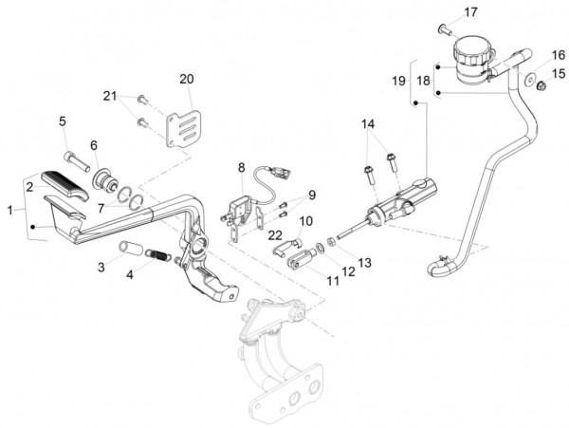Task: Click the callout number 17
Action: tap(470, 12)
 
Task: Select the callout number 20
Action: tap(187, 79)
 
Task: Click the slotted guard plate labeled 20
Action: tap(184, 129)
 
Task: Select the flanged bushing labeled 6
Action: tap(104, 179)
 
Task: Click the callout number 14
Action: tap(368, 123)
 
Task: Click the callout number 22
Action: tap(275, 235)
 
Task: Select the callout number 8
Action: tap(241, 168)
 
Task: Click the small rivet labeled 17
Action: tap(446, 29)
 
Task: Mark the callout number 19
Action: tap(398, 81)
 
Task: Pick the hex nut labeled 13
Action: tap(331, 241)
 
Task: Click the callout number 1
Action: tap(10, 210)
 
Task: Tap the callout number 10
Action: tap(306, 220)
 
